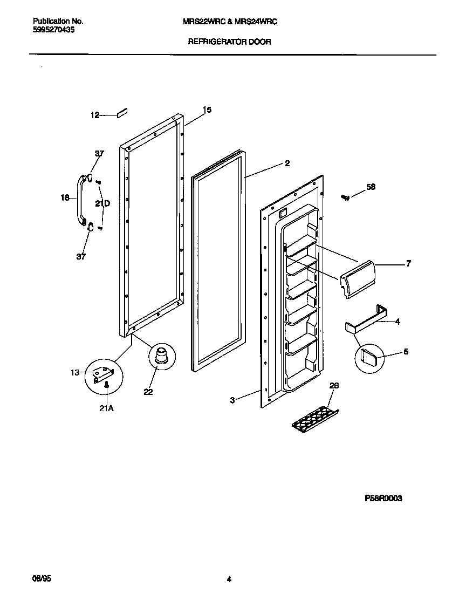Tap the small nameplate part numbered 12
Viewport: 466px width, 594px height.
point(121,113)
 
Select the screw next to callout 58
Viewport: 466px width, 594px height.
point(346,197)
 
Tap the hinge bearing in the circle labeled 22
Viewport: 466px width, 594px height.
point(160,357)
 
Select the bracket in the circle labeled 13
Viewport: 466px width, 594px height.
point(103,373)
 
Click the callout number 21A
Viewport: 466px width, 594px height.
point(106,408)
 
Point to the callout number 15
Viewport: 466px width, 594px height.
point(207,110)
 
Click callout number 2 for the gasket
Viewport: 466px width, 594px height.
point(287,163)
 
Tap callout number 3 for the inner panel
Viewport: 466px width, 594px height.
point(232,400)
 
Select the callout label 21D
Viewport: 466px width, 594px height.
point(102,203)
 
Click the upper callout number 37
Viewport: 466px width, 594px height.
point(99,154)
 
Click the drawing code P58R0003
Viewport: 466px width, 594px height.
point(383,499)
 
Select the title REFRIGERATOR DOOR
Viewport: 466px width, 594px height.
point(229,41)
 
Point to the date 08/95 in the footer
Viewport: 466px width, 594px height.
point(42,578)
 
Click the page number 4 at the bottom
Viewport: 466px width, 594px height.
point(229,579)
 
